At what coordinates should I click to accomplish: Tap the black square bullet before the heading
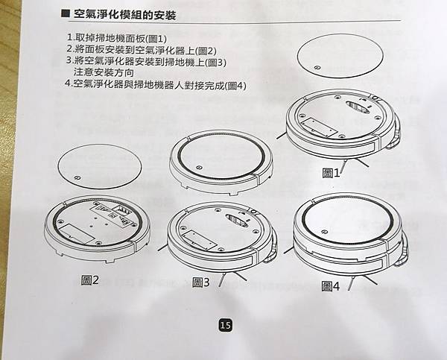[x=66, y=13]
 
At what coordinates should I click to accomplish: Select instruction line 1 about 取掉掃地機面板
[x=118, y=37]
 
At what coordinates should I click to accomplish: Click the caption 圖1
[x=331, y=173]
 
